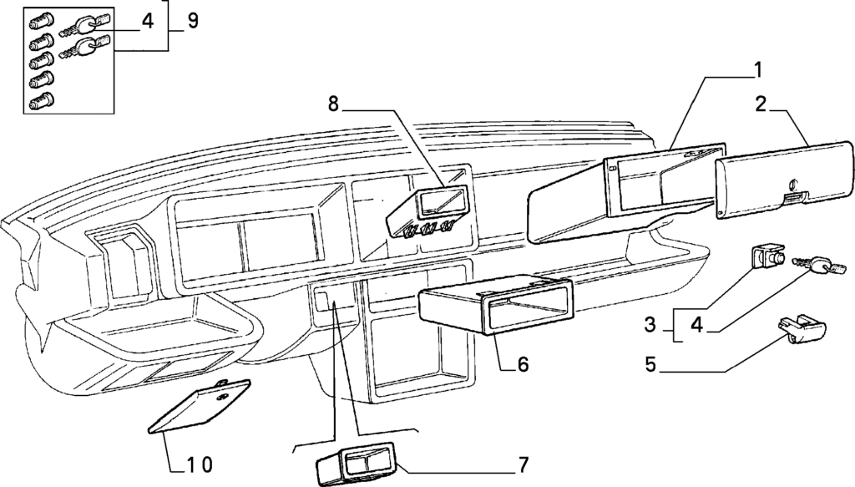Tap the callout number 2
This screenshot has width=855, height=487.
point(760,104)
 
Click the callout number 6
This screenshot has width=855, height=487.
point(523,364)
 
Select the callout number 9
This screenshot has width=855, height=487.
point(192,20)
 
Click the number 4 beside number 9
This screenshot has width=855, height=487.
point(147,21)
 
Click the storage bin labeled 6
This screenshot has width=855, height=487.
point(493,309)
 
